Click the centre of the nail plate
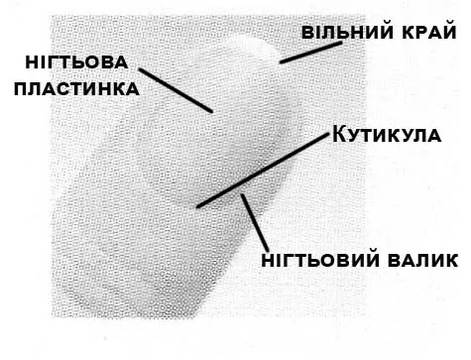tap(213, 139)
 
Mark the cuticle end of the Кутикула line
tap(198, 206)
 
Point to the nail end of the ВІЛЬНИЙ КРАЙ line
tap(281, 61)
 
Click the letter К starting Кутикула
tap(337, 133)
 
